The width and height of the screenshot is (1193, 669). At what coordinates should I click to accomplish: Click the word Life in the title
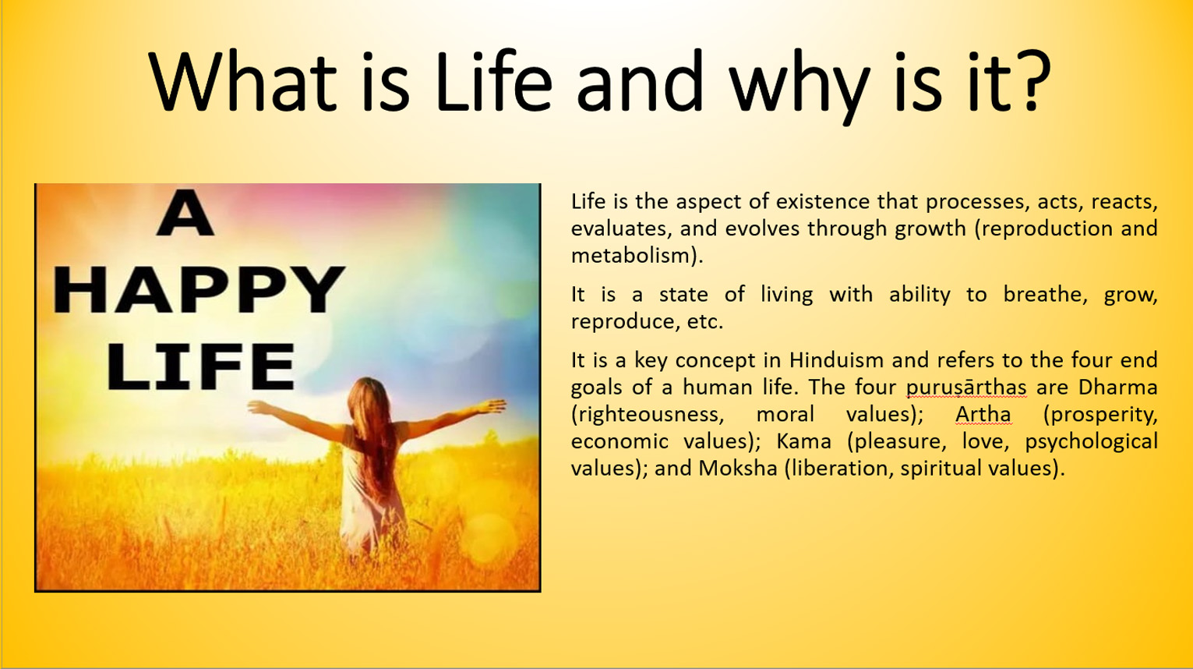tap(493, 81)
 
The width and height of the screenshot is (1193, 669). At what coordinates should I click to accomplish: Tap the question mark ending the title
tap(1032, 81)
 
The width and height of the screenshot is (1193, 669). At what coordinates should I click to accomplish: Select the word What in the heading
tap(242, 81)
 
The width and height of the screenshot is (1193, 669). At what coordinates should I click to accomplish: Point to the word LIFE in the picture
tap(202, 366)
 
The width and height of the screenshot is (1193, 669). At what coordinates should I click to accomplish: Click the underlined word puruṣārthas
tap(966, 388)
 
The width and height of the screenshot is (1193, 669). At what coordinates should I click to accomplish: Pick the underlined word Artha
tap(983, 414)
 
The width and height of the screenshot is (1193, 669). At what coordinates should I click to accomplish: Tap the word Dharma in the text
tap(1118, 387)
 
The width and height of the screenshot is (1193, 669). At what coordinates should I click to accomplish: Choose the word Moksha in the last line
tap(738, 468)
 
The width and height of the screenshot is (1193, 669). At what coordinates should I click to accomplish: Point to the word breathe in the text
tap(1044, 294)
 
